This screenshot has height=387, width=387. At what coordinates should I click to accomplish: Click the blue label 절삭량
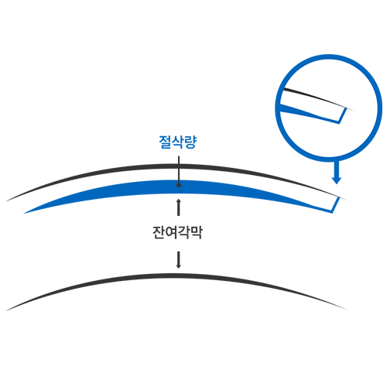click(x=178, y=142)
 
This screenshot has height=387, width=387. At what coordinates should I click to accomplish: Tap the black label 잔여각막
click(x=177, y=232)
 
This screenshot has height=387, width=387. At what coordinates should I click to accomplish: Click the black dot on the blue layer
click(x=179, y=185)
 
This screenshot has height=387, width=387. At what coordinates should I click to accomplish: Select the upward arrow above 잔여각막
click(x=179, y=207)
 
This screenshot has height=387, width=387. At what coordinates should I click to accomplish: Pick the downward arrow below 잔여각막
click(x=178, y=260)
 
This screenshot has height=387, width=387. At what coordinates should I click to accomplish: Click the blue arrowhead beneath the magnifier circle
click(x=337, y=180)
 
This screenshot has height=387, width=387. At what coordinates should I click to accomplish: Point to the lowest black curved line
click(x=178, y=276)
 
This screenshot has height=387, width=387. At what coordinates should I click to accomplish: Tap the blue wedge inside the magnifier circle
click(x=307, y=112)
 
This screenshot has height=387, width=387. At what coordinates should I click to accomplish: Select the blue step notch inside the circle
click(x=343, y=116)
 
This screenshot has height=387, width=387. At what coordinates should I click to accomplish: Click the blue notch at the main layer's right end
click(x=335, y=204)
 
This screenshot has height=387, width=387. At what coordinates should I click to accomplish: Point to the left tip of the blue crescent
click(x=24, y=214)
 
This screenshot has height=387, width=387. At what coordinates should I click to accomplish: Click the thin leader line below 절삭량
click(x=179, y=170)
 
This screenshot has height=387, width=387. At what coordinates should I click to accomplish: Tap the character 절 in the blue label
click(x=165, y=142)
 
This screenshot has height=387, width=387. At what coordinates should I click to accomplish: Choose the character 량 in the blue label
click(x=190, y=142)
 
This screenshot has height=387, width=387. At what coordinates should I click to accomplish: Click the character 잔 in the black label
click(x=159, y=232)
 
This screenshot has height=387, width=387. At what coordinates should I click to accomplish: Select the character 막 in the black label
click(x=197, y=232)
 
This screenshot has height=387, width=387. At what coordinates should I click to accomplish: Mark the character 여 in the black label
click(x=171, y=232)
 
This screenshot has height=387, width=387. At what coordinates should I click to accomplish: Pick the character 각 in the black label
click(x=184, y=232)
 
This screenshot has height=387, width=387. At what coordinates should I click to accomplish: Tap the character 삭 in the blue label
click(x=178, y=142)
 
